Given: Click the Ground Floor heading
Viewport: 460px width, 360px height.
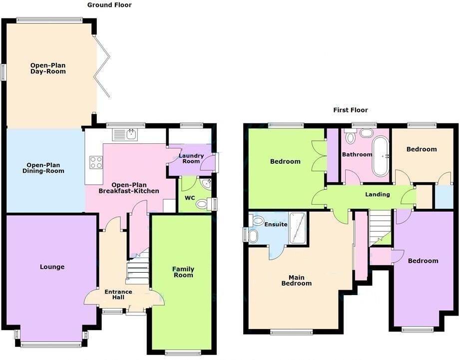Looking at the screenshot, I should coord(109,5).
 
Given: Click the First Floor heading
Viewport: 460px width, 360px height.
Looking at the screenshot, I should coord(350,110).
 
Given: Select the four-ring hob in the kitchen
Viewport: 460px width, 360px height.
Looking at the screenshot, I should coord(96,162).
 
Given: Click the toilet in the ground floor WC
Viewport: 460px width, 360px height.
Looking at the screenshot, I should coord(202,204).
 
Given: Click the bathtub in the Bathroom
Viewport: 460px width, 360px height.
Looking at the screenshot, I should coord(381,156).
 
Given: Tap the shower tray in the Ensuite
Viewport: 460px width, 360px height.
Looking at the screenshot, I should coord(297,228).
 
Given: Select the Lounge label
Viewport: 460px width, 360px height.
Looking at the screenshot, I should coord(52,267).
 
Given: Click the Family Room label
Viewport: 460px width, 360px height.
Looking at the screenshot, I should coord(183,272).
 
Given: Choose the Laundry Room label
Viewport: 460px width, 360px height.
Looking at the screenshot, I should coord(192,158).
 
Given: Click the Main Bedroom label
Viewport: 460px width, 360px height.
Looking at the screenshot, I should coord(299,280).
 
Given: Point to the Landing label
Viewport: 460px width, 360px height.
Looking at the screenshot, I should coord(377,194).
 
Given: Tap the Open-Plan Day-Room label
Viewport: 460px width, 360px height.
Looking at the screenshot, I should coord(48,68).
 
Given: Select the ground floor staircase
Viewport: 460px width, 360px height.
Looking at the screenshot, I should coord(138,270).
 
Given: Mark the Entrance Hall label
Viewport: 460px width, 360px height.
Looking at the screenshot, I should coord(118,295).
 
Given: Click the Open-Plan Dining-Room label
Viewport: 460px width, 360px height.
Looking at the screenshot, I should coord(45,168).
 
